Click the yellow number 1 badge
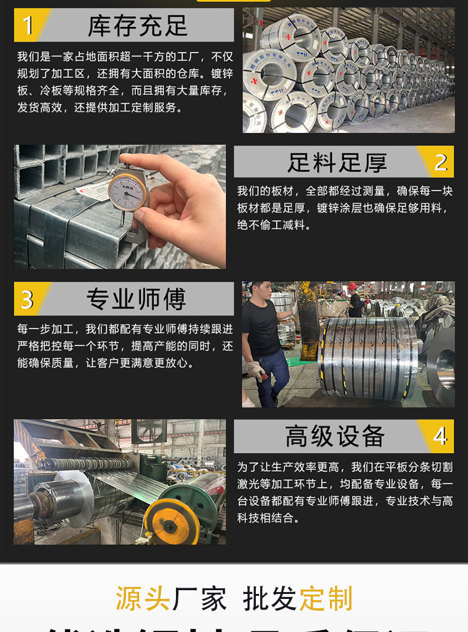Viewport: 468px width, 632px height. click(27, 26)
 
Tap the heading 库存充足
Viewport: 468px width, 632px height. click(137, 26)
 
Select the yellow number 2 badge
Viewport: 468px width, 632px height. click(441, 162)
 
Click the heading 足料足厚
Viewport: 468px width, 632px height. click(337, 162)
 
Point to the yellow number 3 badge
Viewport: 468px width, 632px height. click(27, 299)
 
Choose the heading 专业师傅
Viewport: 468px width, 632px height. click(136, 299)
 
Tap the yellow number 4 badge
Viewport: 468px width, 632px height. click(440, 435)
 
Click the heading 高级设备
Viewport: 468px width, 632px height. click(335, 435)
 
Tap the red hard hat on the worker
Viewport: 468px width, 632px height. click(353, 286)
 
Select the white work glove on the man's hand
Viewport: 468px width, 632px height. click(255, 371)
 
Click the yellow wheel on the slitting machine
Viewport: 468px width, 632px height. click(172, 522)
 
